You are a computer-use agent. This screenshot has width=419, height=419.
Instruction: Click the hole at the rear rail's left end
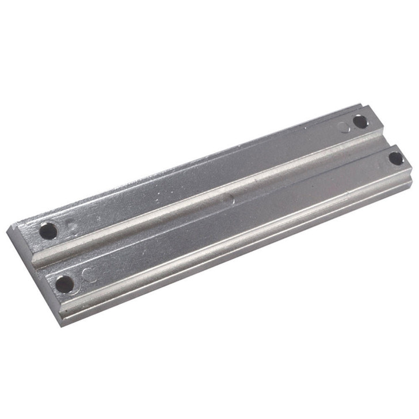48,231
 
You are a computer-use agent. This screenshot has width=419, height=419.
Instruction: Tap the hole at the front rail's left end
64,283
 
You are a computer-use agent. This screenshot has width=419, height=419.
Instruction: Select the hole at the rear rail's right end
360,121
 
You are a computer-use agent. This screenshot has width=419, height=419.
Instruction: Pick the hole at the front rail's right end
396,158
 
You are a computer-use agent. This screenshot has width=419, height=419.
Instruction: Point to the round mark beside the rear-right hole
345,127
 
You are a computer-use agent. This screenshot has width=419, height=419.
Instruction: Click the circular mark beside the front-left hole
90,274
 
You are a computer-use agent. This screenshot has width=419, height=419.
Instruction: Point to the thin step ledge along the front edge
242,253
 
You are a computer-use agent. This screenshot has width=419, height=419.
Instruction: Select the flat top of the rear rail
201,178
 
